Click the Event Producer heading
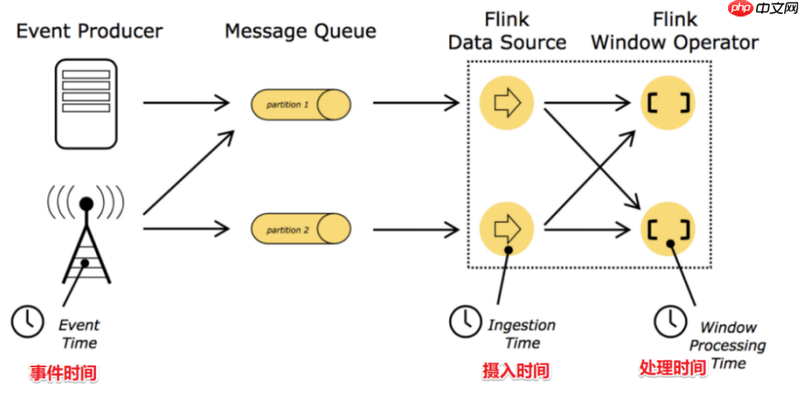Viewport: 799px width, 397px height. pos(89,31)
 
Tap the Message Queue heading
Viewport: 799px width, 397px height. pos(300,31)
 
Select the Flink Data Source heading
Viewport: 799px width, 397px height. pos(507,31)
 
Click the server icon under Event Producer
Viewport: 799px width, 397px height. pos(86,103)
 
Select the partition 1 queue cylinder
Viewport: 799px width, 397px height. pos(301,105)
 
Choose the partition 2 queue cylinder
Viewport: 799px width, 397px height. pos(301,230)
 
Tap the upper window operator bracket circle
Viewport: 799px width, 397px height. pos(669,103)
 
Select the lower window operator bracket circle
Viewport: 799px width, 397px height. pos(669,230)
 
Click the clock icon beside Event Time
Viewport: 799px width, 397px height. pos(27,321)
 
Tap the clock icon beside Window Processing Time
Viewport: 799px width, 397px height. pos(670,321)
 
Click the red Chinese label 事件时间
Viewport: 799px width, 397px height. pos(64,373)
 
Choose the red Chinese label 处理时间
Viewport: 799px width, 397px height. pos(672,368)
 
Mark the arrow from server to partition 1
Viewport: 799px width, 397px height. pos(187,103)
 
